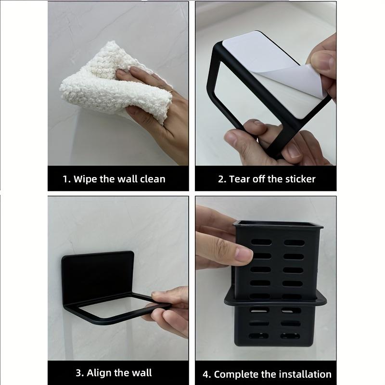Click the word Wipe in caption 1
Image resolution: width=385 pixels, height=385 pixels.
pyautogui.click(x=85, y=179)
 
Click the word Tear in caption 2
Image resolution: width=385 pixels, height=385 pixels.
pyautogui.click(x=240, y=179)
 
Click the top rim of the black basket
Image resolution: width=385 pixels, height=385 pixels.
pyautogui.click(x=278, y=224)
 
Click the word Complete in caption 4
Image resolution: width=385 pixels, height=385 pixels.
pyautogui.click(x=235, y=374)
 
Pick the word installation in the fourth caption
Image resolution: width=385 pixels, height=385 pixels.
pyautogui.click(x=303, y=374)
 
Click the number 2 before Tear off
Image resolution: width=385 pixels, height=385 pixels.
pyautogui.click(x=221, y=179)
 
